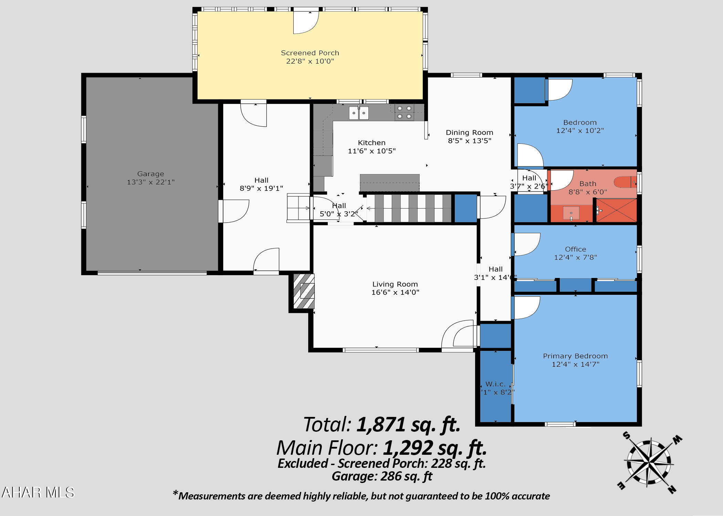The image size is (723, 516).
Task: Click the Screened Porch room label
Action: point(310,53)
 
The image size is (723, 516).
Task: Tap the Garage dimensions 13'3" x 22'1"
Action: point(151,182)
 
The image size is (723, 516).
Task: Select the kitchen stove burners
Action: point(404,112)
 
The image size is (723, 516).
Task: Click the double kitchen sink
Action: point(358,113)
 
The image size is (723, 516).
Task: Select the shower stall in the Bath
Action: point(616,210)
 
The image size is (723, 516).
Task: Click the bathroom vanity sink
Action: point(571,213)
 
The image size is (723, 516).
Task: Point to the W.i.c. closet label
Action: point(495,384)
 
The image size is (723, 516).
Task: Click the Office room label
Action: point(575,249)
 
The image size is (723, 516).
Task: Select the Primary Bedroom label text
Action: point(575,356)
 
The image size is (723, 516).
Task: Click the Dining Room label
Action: point(469,132)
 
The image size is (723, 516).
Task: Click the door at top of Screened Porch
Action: point(305,22)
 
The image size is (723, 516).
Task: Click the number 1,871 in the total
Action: point(381,424)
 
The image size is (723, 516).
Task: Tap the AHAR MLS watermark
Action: point(38,492)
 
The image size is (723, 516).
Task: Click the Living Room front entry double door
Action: point(460,335)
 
